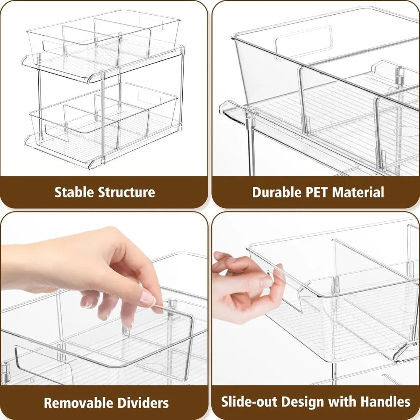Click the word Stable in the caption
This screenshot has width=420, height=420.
pyautogui.click(x=74, y=192)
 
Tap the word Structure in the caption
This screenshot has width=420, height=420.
pyautogui.click(x=126, y=192)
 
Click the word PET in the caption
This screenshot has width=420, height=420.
pyautogui.click(x=316, y=192)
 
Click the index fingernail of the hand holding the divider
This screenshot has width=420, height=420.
pyautogui.click(x=148, y=299)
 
